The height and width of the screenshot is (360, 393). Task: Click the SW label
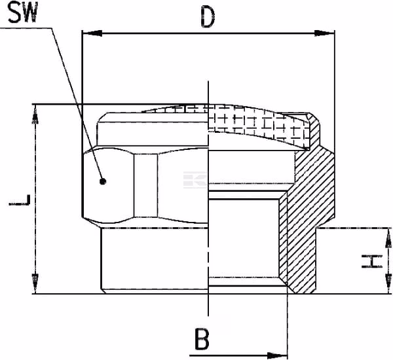coord(23,12)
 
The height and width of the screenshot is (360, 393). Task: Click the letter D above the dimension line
coord(208,17)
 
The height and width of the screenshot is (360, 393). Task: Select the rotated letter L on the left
coord(20,200)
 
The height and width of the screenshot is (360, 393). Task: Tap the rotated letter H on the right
coord(372,261)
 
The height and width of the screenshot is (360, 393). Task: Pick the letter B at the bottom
coord(202,339)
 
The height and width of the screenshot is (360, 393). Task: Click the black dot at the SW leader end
coord(103,181)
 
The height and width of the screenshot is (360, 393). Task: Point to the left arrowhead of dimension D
coord(92,33)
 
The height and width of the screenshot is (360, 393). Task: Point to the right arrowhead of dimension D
coord(325,33)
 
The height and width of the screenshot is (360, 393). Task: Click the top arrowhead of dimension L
coord(35,115)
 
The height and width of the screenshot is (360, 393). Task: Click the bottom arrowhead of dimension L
coord(35,283)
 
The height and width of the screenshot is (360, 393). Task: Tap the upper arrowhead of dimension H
coord(388,238)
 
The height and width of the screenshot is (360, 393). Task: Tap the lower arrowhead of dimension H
coord(388,283)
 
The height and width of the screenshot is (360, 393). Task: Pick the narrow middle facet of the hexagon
coord(146,185)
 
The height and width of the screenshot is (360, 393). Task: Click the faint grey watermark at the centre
coord(195,179)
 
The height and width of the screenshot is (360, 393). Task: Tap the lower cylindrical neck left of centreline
coord(155,259)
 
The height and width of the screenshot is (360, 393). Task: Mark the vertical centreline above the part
coord(208,92)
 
